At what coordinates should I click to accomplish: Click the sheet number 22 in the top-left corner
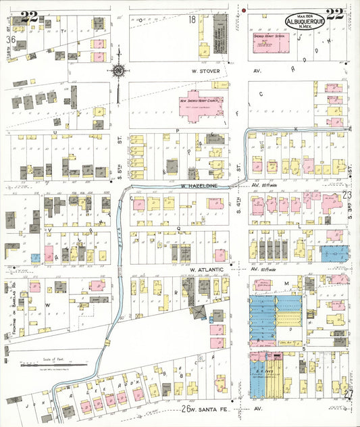click(x=28, y=17)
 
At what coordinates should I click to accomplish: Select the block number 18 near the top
click(x=192, y=21)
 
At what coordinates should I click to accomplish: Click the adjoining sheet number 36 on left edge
click(x=10, y=40)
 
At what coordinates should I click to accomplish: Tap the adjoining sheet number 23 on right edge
click(x=348, y=195)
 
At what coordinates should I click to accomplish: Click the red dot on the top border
click(x=242, y=11)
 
